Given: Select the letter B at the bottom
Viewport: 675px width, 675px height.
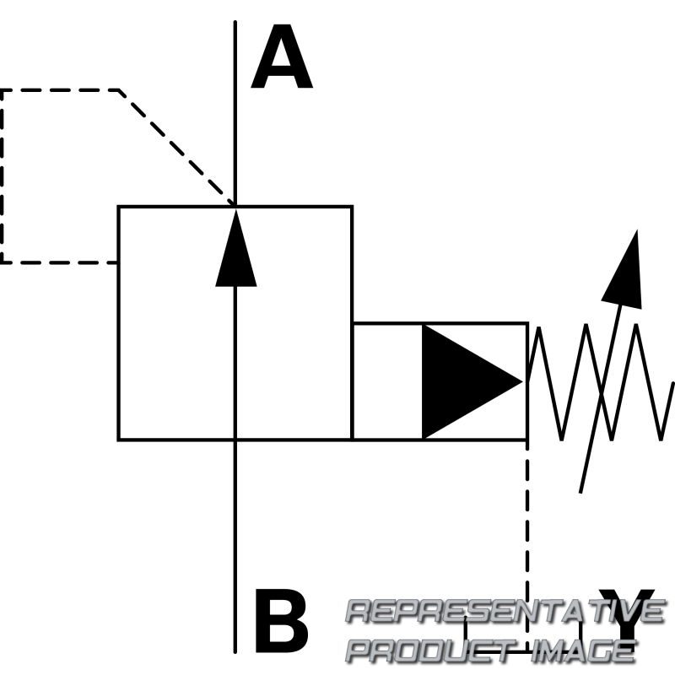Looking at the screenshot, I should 280,626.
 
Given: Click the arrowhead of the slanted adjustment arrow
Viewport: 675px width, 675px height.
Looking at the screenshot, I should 625,270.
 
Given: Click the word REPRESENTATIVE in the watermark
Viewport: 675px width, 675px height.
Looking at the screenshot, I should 505,611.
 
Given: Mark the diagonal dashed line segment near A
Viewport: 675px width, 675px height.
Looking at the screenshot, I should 177,147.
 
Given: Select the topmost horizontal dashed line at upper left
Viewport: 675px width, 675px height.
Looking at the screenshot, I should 59,89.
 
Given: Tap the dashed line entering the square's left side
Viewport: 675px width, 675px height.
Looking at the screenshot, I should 59,262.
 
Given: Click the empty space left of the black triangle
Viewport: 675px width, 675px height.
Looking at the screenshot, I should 386,381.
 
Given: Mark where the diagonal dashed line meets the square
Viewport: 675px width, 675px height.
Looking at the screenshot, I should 235,205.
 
